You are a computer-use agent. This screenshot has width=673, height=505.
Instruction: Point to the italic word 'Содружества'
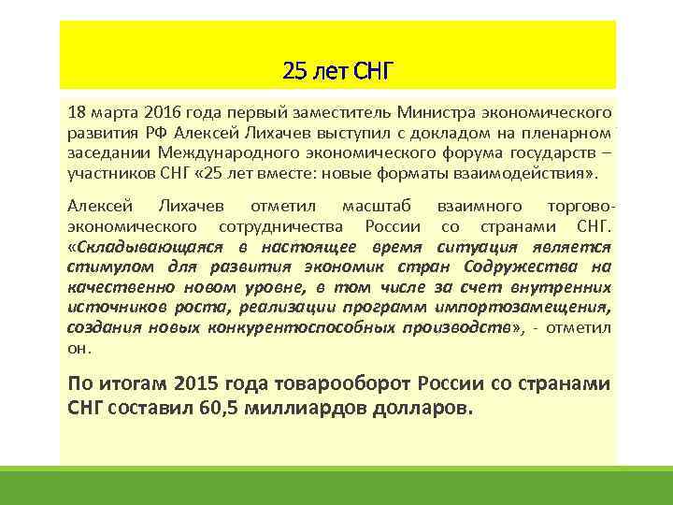(524, 267)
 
